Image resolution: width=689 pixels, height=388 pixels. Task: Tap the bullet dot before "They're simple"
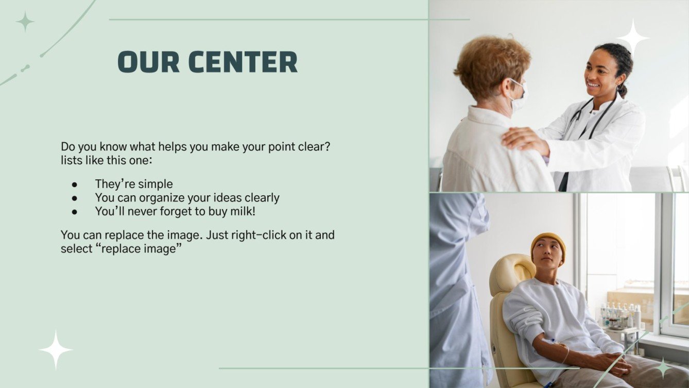(75, 184)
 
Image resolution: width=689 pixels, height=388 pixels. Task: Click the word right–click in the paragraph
(271, 235)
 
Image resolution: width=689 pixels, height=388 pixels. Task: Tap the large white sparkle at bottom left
(56, 349)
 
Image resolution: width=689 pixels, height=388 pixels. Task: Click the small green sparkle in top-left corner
(25, 22)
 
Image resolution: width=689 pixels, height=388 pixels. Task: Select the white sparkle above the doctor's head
(633, 36)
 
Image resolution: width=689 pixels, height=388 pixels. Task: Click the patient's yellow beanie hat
(548, 241)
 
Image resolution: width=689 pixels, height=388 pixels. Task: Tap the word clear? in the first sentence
(314, 147)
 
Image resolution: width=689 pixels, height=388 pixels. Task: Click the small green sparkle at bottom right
(663, 367)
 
